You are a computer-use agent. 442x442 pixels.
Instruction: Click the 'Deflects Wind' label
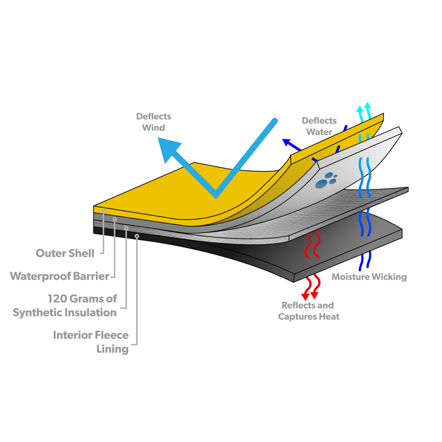(154, 122)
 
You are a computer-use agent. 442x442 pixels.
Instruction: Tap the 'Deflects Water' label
(319, 126)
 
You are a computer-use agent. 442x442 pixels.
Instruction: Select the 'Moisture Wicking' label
(369, 277)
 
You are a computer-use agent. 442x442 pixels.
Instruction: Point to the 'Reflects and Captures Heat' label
(308, 311)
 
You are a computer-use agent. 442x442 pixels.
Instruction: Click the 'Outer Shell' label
(65, 253)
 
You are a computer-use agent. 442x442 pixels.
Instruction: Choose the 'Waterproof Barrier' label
(59, 276)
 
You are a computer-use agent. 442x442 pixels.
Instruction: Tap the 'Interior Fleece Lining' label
(91, 342)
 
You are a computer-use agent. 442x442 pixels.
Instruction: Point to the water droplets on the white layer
(327, 180)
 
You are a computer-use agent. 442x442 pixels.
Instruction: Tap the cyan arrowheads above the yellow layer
(364, 107)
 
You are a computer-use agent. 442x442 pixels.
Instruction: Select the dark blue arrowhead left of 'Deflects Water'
(287, 143)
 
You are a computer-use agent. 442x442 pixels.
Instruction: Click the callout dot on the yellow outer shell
(103, 211)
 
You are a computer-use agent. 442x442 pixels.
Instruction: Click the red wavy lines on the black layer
(312, 246)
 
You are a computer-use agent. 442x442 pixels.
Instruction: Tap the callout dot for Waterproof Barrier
(114, 219)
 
